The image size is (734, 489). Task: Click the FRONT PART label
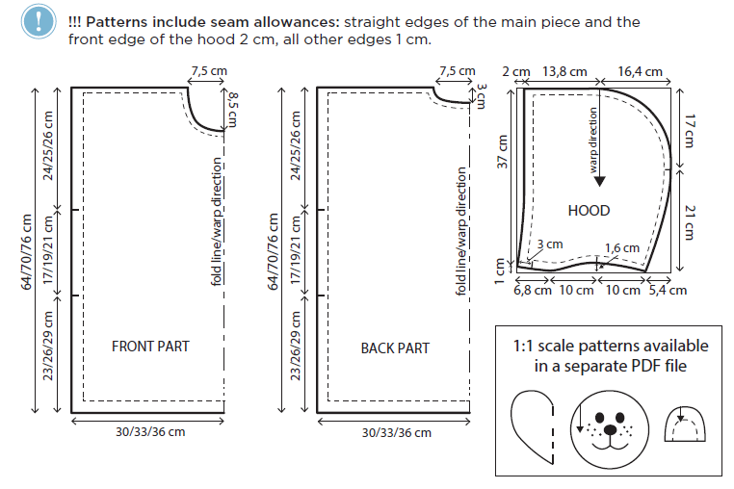pos(150,347)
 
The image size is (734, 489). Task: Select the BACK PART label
pos(395,347)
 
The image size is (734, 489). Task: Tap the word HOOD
pos(589,210)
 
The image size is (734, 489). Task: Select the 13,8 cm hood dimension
pos(565,72)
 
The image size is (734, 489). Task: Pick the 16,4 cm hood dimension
pos(641,72)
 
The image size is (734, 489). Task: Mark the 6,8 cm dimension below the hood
pos(532,290)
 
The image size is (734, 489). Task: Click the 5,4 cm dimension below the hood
pos(667,290)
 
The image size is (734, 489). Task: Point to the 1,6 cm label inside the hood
pos(621,248)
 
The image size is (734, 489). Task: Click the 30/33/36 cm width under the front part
pos(150,432)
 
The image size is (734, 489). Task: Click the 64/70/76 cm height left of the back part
pos(274,251)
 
